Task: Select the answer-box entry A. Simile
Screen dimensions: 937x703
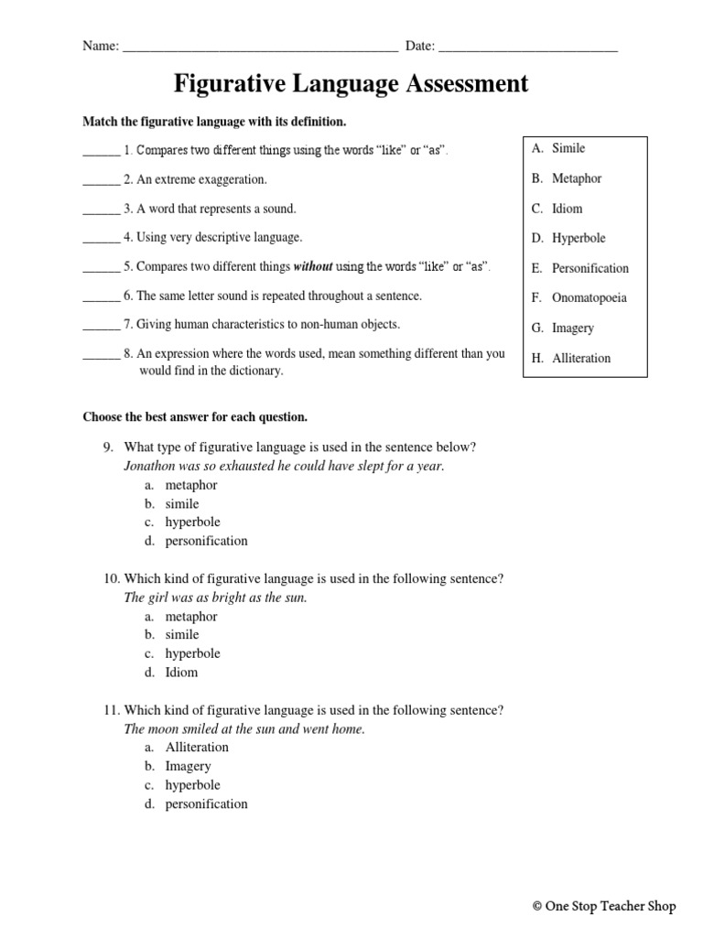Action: coord(558,148)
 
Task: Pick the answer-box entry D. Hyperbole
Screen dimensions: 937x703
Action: coord(568,239)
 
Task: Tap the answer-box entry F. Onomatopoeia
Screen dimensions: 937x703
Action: coord(579,298)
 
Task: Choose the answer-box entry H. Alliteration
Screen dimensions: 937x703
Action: coord(571,359)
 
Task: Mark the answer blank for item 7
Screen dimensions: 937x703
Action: coord(101,326)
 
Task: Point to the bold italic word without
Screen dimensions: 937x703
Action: coord(313,267)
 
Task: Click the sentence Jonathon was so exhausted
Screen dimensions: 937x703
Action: coord(284,466)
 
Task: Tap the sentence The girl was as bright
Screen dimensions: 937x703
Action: coord(215,598)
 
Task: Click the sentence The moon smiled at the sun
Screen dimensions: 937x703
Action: coord(244,729)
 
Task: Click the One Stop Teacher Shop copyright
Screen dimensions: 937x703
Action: coord(603,907)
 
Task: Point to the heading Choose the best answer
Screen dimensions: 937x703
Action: coord(195,417)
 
